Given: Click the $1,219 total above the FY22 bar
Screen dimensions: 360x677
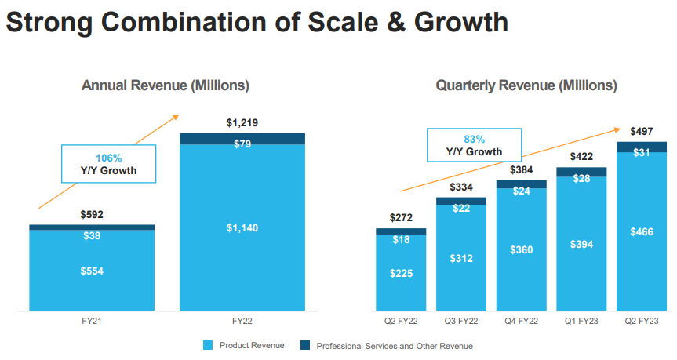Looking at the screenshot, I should (242, 123).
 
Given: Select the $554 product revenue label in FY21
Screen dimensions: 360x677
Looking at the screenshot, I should (92, 271).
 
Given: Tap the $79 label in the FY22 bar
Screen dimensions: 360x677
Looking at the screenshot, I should (242, 144).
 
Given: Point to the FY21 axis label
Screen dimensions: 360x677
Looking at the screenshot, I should (92, 322).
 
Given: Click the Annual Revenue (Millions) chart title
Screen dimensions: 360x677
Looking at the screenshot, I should (166, 85).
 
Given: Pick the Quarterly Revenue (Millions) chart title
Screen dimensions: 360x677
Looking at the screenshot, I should (526, 85).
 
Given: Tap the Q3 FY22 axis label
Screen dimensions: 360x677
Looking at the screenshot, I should (460, 322).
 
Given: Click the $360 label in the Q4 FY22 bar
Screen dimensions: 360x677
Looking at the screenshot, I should (521, 249).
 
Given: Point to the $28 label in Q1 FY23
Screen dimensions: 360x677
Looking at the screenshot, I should (581, 179).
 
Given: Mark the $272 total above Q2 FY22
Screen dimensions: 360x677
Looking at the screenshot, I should (400, 217).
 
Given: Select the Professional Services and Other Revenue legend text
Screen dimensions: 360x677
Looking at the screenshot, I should (395, 346).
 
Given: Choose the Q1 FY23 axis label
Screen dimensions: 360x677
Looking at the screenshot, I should (581, 322).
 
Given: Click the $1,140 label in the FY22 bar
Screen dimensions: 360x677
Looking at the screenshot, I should (242, 228).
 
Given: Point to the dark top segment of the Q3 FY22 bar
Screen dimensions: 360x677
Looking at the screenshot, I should (460, 201).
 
